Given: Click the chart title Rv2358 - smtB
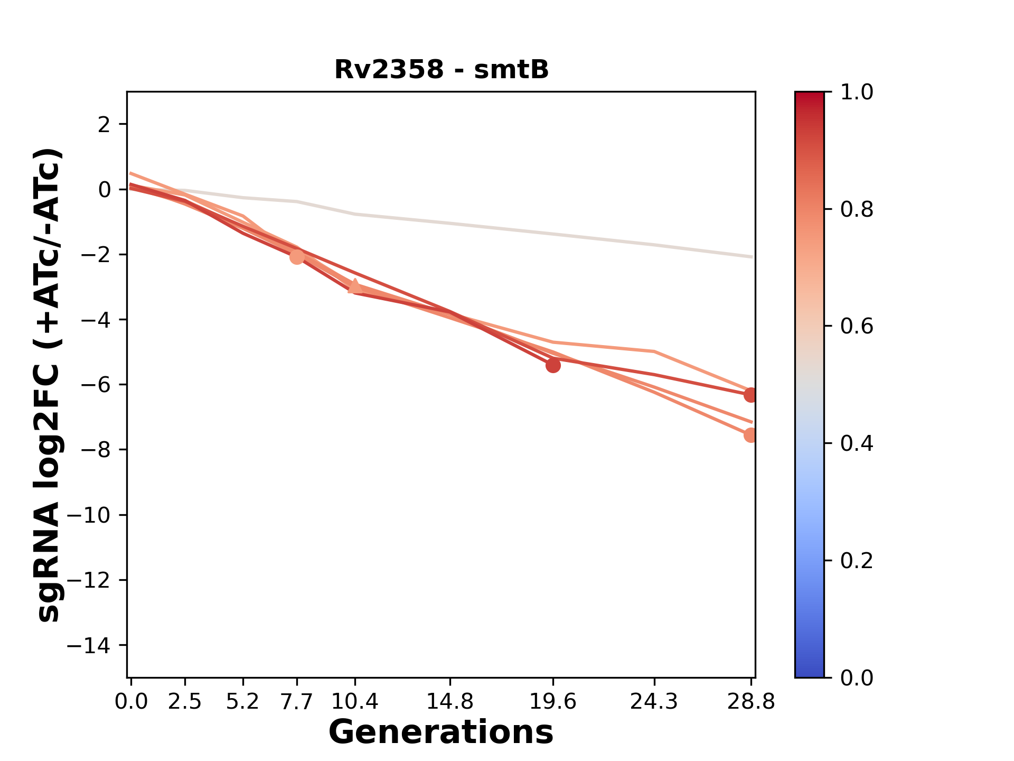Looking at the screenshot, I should (442, 70).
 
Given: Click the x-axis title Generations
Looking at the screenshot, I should (441, 732).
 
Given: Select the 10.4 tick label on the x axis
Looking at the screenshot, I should (355, 701).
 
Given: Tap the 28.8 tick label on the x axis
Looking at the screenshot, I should (751, 701).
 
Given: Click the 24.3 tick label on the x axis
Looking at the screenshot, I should (654, 701).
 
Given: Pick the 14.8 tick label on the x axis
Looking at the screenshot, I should (450, 701).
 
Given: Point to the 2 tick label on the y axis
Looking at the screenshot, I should (105, 124).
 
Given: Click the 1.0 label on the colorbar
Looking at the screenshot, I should (857, 92).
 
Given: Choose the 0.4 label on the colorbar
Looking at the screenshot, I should (857, 443).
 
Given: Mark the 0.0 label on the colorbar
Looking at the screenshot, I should (857, 678).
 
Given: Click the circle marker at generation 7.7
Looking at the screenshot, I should (297, 257).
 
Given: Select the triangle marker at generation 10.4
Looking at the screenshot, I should (355, 287).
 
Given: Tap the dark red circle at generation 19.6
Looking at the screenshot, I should (553, 365).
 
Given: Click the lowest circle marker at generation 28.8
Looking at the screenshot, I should (750, 435).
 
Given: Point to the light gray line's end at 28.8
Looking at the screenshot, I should (751, 257).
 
